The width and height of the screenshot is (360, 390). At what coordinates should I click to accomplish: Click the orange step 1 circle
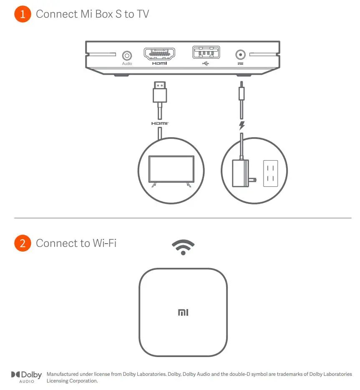23,14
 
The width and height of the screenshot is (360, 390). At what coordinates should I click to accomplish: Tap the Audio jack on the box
127,55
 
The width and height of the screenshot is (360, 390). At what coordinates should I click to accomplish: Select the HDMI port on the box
160,53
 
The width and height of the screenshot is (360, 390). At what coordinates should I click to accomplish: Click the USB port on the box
205,53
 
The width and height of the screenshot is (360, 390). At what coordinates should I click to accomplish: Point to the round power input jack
240,55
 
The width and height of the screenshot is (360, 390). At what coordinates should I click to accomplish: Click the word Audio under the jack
127,64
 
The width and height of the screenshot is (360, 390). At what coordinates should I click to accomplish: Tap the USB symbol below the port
205,64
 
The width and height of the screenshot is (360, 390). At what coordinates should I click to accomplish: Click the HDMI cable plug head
160,93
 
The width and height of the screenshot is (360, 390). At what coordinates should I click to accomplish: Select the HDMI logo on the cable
160,123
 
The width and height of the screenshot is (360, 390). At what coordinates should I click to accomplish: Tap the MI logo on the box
183,312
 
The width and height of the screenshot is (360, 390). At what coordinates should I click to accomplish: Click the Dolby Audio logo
27,377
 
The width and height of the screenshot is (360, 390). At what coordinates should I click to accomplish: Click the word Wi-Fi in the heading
105,243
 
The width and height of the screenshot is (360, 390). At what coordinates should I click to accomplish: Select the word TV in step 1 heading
142,14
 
